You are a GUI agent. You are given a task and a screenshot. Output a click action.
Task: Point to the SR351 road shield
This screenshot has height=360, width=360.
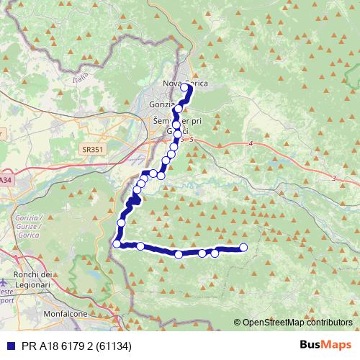click(x=90, y=149)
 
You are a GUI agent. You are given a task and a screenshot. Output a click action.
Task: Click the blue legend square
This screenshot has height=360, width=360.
click(x=8, y=346)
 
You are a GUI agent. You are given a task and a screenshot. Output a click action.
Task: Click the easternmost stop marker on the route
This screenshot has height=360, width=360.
click(x=243, y=248)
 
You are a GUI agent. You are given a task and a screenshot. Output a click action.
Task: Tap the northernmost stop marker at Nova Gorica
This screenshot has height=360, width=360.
click(x=184, y=88)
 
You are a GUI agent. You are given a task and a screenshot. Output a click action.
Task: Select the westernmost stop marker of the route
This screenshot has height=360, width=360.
click(x=117, y=244)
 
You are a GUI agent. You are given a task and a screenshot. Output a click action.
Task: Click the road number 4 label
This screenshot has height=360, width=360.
click(x=251, y=145)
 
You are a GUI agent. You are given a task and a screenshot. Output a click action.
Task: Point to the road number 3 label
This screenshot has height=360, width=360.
click(x=335, y=177)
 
